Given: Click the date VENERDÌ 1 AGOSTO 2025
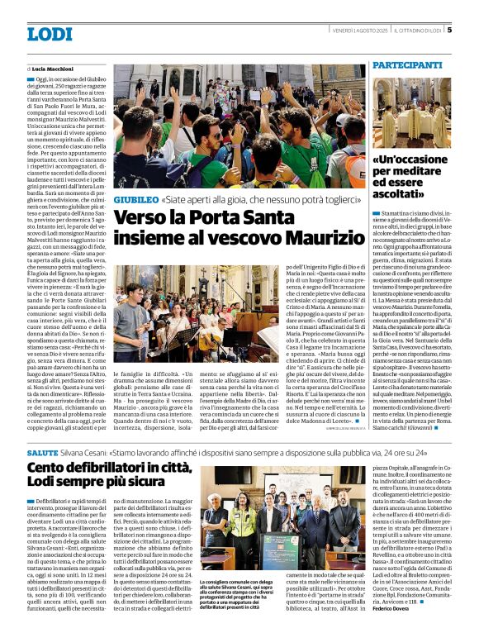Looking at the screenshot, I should pos(361,31).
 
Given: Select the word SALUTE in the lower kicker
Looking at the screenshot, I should pos(42,455).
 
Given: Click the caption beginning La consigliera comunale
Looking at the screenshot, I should pos(239,590).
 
